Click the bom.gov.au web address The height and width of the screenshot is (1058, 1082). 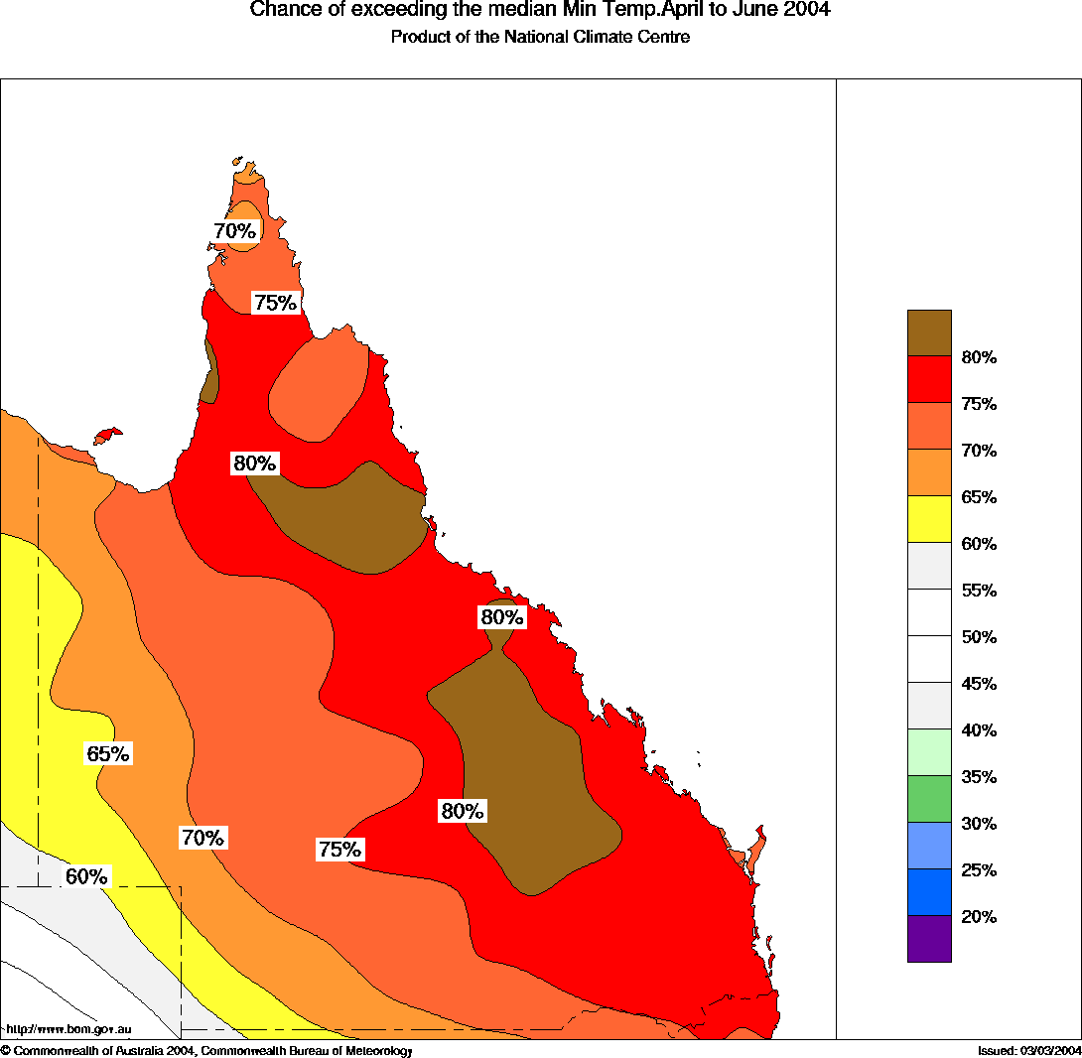(68, 1030)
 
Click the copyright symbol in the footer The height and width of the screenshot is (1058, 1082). (5, 1050)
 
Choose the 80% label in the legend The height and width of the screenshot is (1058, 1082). (979, 357)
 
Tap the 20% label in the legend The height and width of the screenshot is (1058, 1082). (979, 917)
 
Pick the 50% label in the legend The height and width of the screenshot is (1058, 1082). (979, 637)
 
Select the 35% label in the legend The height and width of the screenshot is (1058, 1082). (979, 777)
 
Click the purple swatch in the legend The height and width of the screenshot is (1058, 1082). (929, 939)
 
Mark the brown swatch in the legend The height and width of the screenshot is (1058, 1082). (929, 332)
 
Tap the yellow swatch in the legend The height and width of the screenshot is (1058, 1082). (929, 519)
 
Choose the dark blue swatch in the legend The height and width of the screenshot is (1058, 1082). (929, 892)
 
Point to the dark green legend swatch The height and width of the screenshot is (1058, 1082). (929, 799)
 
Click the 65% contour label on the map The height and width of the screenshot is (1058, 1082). (108, 754)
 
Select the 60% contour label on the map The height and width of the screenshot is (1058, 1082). (86, 877)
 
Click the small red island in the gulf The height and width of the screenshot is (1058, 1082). (107, 436)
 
